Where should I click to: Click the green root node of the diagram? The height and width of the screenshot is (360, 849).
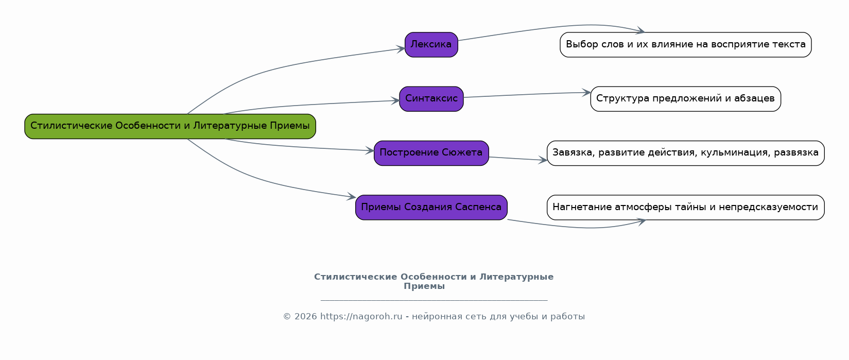(x=170, y=126)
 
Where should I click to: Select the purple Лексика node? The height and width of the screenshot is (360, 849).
(x=431, y=45)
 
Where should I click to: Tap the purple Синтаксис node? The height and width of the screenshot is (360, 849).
(x=431, y=99)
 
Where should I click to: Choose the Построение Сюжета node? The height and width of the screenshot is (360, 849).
(x=431, y=153)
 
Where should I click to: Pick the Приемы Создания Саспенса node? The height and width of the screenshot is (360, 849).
(x=431, y=207)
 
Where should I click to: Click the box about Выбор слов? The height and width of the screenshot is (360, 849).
(x=686, y=45)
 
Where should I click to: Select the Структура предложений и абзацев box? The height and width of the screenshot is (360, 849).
(x=686, y=99)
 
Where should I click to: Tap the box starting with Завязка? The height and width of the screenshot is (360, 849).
(x=686, y=153)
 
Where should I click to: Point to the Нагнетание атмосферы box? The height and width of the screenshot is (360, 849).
(x=686, y=207)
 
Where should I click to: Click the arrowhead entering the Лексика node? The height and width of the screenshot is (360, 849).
(x=401, y=49)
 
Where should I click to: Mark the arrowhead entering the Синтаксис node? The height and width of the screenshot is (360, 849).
(x=395, y=100)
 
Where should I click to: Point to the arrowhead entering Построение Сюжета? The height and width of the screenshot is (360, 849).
(x=370, y=150)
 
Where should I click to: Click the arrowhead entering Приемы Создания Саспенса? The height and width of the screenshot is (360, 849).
(x=351, y=197)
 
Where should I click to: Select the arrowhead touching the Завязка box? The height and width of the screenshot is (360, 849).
(x=543, y=160)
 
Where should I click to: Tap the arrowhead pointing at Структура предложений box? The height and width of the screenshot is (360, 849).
(x=586, y=92)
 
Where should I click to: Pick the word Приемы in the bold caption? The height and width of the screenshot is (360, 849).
(x=424, y=286)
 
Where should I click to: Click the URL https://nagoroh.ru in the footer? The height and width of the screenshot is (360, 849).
(x=361, y=316)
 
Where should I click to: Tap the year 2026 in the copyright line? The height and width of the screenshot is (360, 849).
(x=305, y=316)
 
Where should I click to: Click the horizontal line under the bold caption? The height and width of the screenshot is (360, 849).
(x=434, y=300)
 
